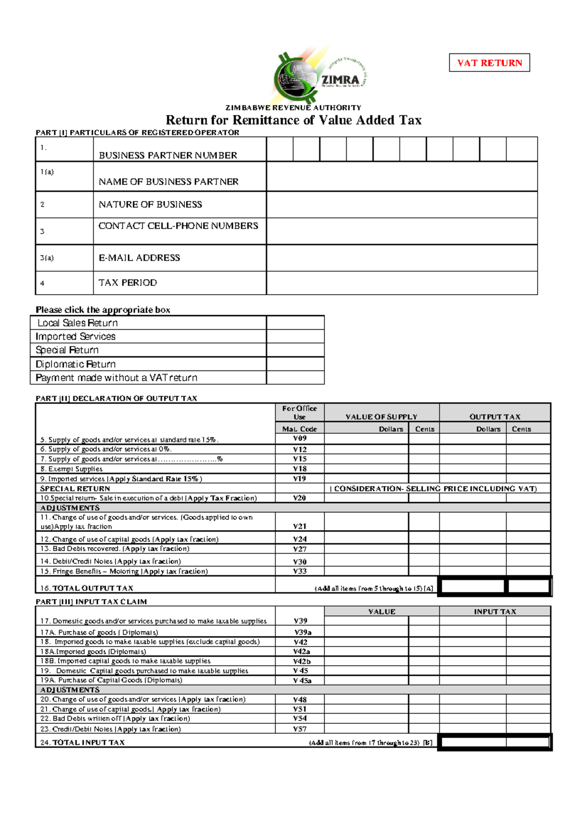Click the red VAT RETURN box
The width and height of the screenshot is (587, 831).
[489, 63]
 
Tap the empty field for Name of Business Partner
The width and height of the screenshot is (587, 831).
[401, 177]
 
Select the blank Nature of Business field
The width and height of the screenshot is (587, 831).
[401, 205]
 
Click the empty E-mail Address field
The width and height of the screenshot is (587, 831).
[401, 258]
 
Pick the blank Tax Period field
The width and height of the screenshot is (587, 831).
[401, 283]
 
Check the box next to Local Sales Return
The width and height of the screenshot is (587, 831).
[295, 323]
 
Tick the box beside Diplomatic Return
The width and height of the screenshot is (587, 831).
[295, 364]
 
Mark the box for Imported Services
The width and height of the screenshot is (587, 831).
[295, 337]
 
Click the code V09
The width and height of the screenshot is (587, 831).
[300, 439]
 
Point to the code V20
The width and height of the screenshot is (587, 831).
[299, 498]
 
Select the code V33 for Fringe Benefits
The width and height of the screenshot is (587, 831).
[299, 571]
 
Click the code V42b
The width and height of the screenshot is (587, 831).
[301, 661]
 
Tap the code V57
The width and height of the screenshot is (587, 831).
[299, 729]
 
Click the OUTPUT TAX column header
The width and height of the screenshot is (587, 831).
[495, 417]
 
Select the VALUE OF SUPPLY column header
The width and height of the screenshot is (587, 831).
[382, 417]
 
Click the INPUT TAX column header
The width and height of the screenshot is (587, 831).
[495, 612]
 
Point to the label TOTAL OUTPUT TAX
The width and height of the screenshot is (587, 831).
[92, 588]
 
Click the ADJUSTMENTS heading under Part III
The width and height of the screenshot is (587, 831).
[70, 690]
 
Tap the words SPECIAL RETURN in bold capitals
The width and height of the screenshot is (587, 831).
[75, 488]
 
